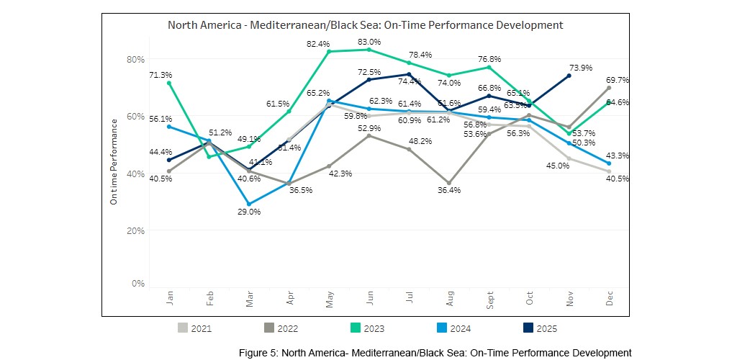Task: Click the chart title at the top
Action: click(365, 25)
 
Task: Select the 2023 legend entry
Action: click(365, 328)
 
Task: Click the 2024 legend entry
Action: click(451, 328)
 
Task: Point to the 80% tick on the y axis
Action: click(136, 59)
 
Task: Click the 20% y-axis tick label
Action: click(136, 230)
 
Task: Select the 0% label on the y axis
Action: click(138, 284)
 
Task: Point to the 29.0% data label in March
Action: click(249, 212)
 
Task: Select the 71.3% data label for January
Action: click(161, 75)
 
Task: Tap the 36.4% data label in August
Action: click(449, 190)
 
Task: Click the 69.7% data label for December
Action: click(618, 80)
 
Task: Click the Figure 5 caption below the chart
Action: click(435, 352)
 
